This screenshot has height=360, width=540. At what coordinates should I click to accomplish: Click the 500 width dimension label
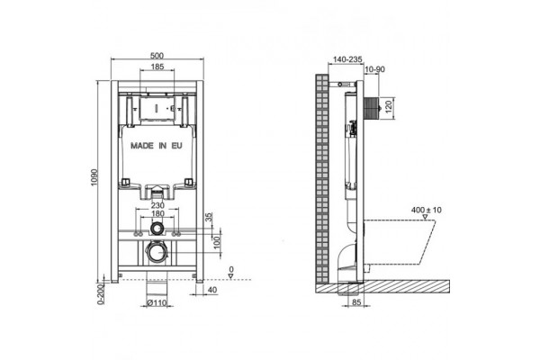[x=157, y=56]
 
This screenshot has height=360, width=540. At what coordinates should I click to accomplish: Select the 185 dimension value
[x=157, y=67]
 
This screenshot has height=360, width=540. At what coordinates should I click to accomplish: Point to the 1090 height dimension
[x=94, y=178]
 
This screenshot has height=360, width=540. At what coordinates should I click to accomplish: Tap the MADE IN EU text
[x=157, y=146]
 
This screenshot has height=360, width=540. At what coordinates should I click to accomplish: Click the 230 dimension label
[x=157, y=205]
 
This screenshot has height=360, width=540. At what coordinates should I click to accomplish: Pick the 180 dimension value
[x=157, y=213]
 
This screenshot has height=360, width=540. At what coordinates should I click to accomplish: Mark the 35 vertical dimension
[x=210, y=217]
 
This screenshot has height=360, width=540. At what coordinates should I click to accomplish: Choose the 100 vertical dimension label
[x=217, y=241]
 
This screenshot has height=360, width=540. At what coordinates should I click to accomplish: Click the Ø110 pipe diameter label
[x=157, y=303]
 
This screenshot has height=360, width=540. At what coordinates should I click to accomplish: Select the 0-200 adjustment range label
[x=100, y=294]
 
